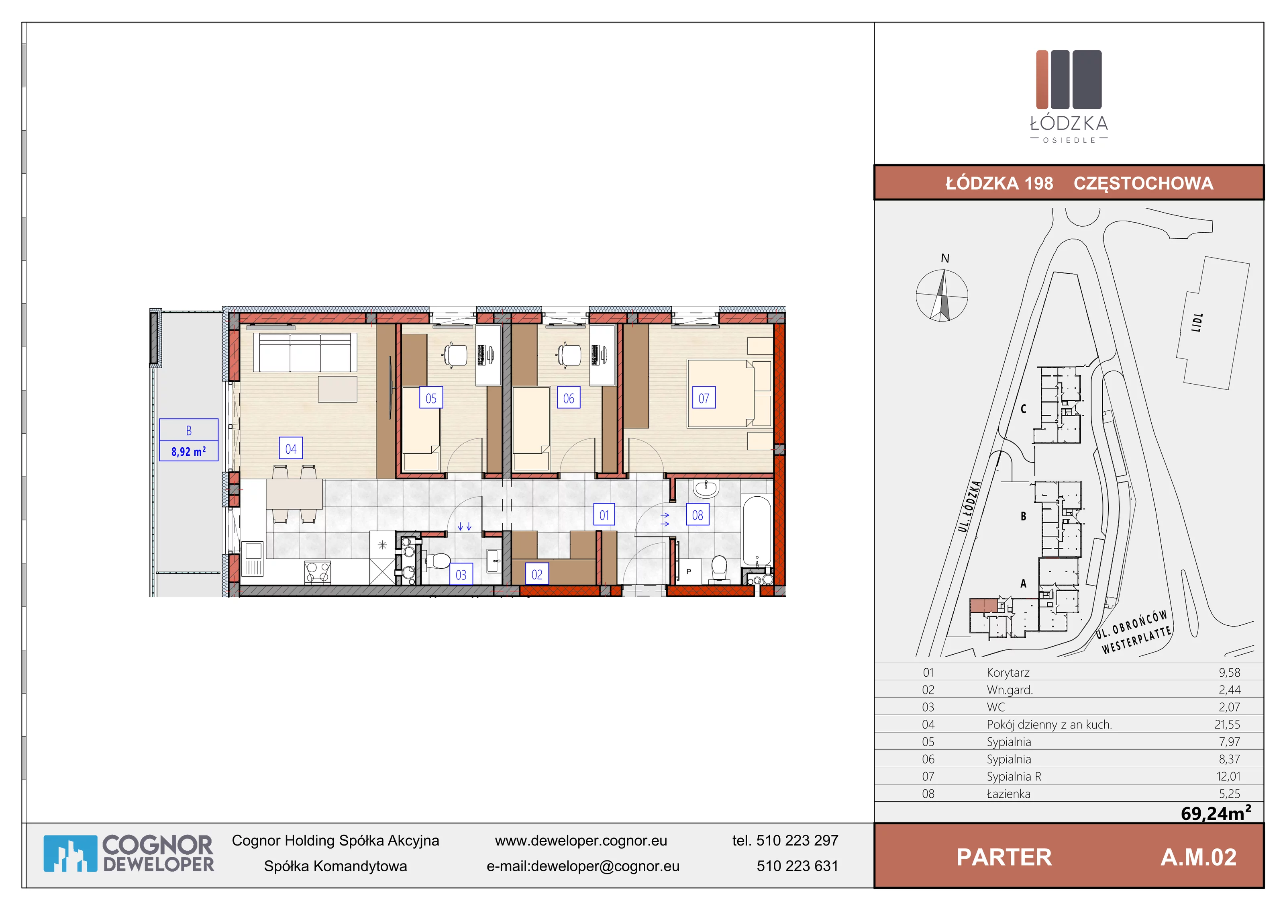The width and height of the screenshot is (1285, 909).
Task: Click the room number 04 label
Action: tap(290, 448)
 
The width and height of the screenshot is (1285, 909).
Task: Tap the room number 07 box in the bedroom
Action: tap(704, 398)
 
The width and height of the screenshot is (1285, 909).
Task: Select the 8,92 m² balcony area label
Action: tap(189, 451)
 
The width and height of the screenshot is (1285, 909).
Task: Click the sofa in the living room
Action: tap(305, 352)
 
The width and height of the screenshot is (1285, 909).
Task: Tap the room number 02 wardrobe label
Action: tap(537, 574)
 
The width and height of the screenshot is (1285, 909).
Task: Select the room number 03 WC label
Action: tap(461, 575)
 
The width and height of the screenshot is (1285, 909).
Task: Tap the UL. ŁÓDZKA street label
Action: tap(969, 506)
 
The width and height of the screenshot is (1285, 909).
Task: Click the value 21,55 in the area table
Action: tap(1227, 724)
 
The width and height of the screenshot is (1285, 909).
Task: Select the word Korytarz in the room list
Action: tap(1008, 673)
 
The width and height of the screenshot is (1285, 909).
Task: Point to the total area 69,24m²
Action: tap(1216, 812)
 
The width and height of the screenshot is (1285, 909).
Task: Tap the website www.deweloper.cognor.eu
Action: tap(581, 841)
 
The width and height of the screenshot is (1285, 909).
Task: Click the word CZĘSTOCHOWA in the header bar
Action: tap(1143, 183)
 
